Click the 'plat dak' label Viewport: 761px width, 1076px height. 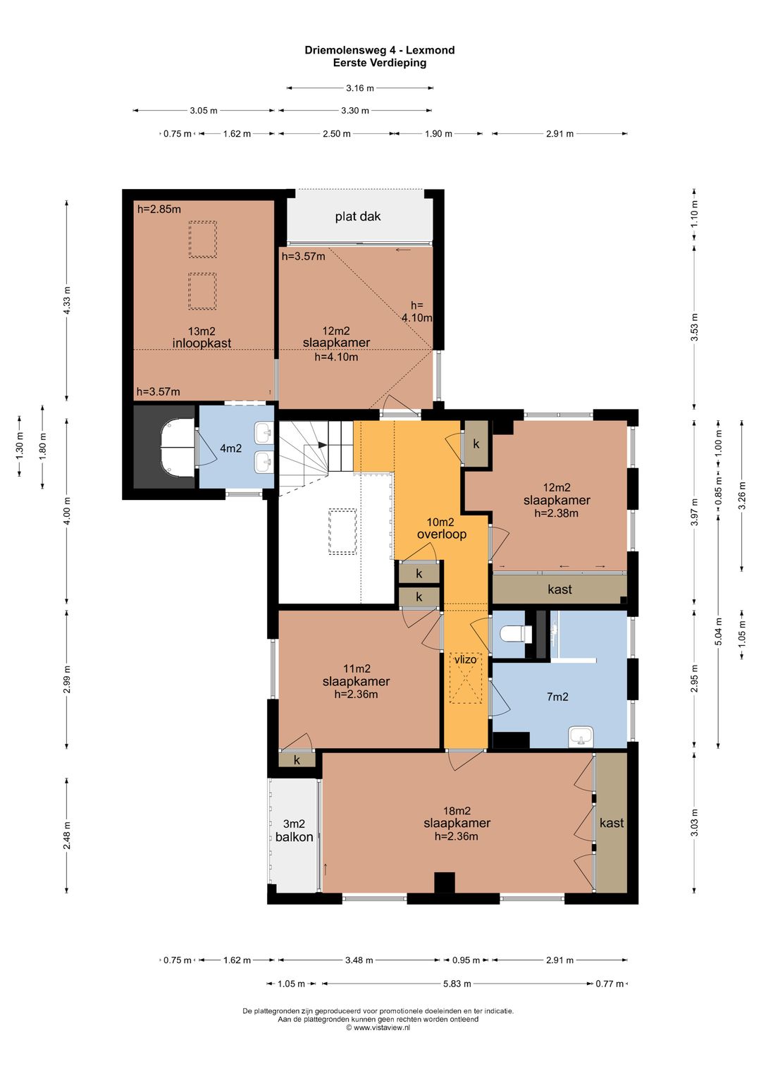[x=358, y=216]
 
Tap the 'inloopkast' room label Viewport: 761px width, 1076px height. [x=202, y=343]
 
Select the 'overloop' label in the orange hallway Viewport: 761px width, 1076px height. [x=442, y=534]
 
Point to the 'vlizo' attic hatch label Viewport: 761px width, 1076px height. [x=466, y=659]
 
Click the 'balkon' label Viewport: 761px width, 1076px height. [x=294, y=837]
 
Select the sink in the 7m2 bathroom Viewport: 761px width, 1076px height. [x=581, y=736]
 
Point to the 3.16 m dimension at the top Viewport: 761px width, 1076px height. [x=360, y=88]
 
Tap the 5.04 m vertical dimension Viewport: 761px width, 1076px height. [x=719, y=630]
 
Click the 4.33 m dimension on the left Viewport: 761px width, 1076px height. [x=67, y=300]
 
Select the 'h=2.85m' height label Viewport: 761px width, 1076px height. [x=159, y=209]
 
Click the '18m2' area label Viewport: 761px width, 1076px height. [x=457, y=811]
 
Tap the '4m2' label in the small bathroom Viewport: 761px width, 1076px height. [x=231, y=448]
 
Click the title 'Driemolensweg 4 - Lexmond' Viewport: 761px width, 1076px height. [x=380, y=50]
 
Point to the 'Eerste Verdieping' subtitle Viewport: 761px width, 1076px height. [x=380, y=63]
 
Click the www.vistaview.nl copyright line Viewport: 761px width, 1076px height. [x=378, y=1027]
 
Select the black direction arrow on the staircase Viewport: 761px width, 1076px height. [x=323, y=445]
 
